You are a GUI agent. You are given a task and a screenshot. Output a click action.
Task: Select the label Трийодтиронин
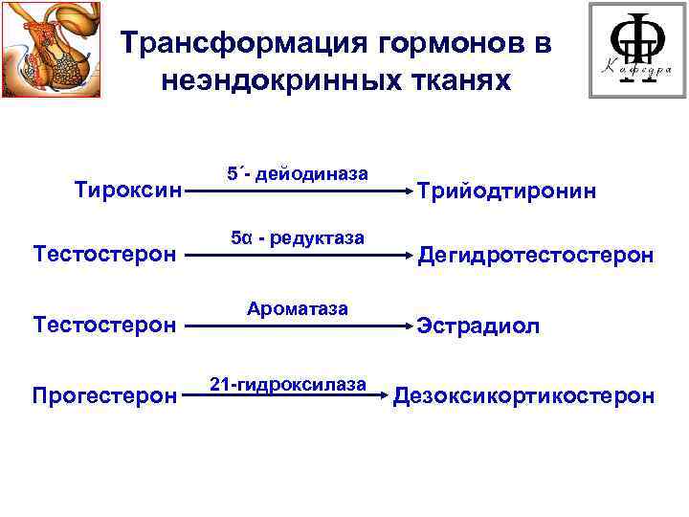[506, 191]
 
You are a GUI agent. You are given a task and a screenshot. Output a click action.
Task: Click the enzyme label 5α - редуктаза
[298, 238]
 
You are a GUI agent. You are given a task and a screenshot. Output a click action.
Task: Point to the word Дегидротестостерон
[536, 256]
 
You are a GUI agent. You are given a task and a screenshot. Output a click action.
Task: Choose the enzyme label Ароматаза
[298, 309]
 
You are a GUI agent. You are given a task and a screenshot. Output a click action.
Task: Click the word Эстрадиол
[478, 326]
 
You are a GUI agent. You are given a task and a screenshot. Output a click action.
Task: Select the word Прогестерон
[103, 394]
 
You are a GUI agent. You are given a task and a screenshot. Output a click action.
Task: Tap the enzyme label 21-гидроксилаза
[288, 384]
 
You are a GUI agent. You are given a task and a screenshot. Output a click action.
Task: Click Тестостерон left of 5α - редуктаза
[103, 256]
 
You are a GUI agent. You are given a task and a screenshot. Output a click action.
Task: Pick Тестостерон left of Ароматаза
[103, 326]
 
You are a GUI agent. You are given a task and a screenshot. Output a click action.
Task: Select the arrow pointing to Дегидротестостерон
[297, 256]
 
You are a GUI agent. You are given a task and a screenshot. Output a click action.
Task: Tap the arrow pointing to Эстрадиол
[297, 326]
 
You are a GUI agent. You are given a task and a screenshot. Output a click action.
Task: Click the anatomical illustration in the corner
[52, 51]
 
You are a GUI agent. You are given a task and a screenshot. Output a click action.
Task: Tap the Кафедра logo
[635, 51]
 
